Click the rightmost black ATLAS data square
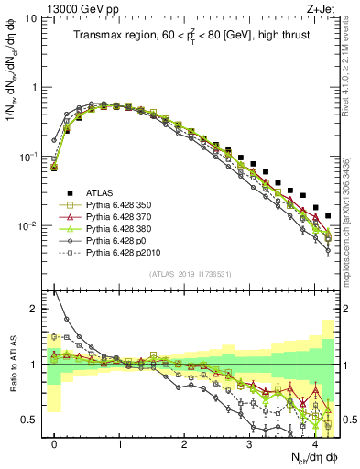[328, 216]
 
